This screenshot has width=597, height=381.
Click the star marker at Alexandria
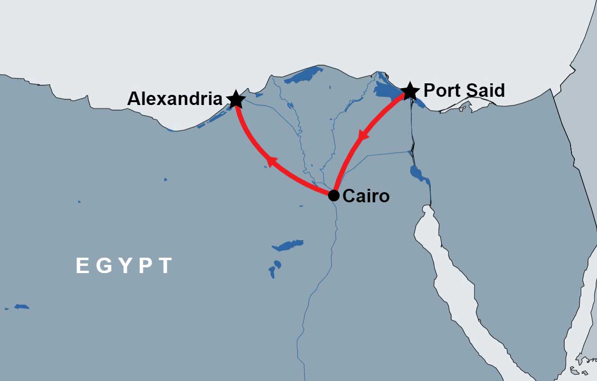click(x=236, y=99)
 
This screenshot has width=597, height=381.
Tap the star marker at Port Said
click(x=409, y=91)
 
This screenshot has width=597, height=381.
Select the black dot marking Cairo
click(x=334, y=196)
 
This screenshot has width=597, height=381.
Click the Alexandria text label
click(x=175, y=99)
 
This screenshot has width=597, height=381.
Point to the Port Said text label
click(x=464, y=91)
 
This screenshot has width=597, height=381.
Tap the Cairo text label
click(x=366, y=196)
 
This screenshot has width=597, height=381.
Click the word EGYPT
click(x=124, y=266)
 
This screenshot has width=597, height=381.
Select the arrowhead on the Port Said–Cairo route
click(x=363, y=135)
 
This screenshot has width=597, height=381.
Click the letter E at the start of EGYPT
click(x=82, y=266)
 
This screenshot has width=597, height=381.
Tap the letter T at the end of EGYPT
click(x=165, y=266)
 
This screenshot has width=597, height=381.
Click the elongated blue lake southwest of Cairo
click(x=288, y=246)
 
